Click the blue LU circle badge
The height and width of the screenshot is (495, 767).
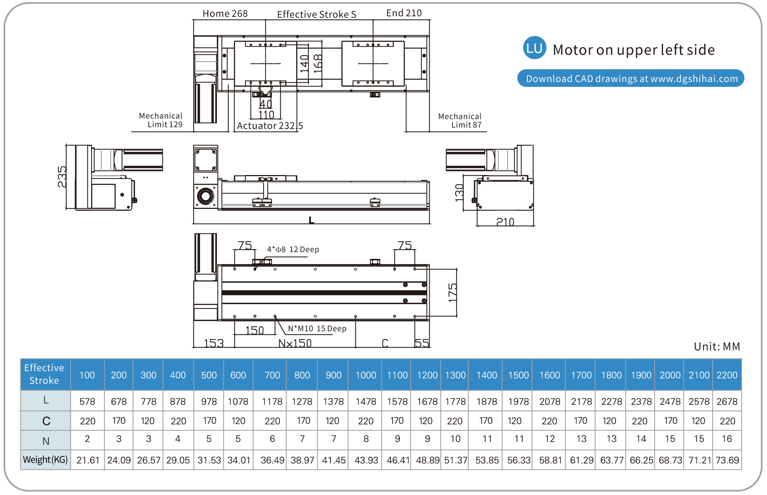pos(534,48)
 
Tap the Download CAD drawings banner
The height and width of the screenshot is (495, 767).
pos(631,78)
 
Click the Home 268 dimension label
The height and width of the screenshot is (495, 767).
pos(225,14)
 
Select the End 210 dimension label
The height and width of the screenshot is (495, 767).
pos(404,13)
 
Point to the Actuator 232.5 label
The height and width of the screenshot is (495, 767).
pos(270,126)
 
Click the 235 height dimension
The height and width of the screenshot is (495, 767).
pos(62,177)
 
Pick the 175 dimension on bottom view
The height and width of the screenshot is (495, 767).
pos(452,292)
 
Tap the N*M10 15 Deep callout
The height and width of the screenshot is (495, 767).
pos(317,328)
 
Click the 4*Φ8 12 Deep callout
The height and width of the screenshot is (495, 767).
pos(293,249)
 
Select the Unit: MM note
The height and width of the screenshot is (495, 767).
pos(717,346)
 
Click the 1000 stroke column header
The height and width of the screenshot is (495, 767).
pos(366,375)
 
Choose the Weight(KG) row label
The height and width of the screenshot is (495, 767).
pos(45,460)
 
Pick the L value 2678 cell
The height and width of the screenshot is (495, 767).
pos(727,401)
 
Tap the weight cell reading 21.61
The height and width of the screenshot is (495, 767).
pos(88,460)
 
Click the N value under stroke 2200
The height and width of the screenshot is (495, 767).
pos(727,439)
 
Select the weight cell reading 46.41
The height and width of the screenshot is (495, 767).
pos(398,460)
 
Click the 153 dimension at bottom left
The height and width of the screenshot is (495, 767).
pos(214,343)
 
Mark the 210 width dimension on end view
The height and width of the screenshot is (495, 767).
pos(505,222)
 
